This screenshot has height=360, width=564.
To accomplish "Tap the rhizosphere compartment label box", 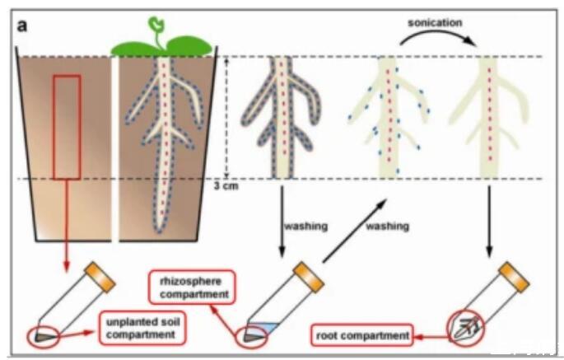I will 191,283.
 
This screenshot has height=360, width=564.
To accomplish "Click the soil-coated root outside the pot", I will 282,115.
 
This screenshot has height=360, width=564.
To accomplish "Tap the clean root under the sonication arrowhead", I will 492,115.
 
